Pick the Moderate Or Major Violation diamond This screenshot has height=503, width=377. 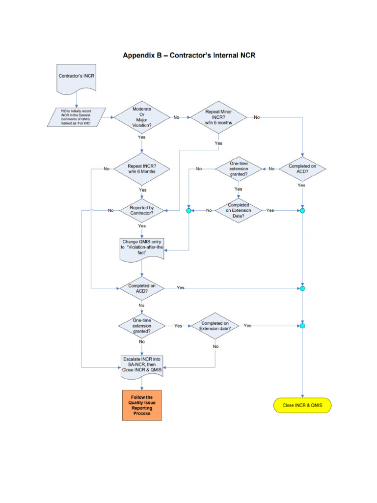click(142, 117)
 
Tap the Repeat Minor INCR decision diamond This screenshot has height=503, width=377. click(218, 117)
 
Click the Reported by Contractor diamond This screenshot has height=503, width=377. click(142, 210)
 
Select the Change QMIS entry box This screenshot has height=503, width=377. click(141, 248)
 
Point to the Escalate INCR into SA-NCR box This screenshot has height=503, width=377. click(141, 366)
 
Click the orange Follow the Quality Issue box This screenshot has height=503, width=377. click(141, 406)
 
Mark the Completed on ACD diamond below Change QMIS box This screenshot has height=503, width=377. click(142, 288)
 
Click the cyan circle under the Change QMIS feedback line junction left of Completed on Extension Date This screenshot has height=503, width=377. click(189, 211)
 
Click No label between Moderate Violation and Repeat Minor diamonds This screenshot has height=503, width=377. click(176, 117)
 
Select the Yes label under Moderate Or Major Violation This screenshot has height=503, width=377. click(142, 138)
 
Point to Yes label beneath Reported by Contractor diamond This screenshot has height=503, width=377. click(142, 226)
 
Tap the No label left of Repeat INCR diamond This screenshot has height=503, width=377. click(107, 168)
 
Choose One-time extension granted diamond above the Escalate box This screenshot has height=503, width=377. click(142, 326)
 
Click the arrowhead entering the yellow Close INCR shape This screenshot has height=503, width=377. click(302, 396)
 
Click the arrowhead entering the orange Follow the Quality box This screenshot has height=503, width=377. click(141, 389)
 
